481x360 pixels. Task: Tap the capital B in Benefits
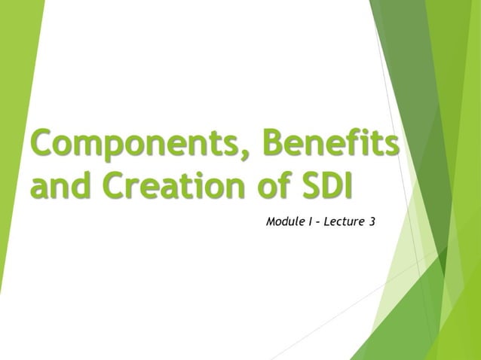pyautogui.click(x=273, y=143)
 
